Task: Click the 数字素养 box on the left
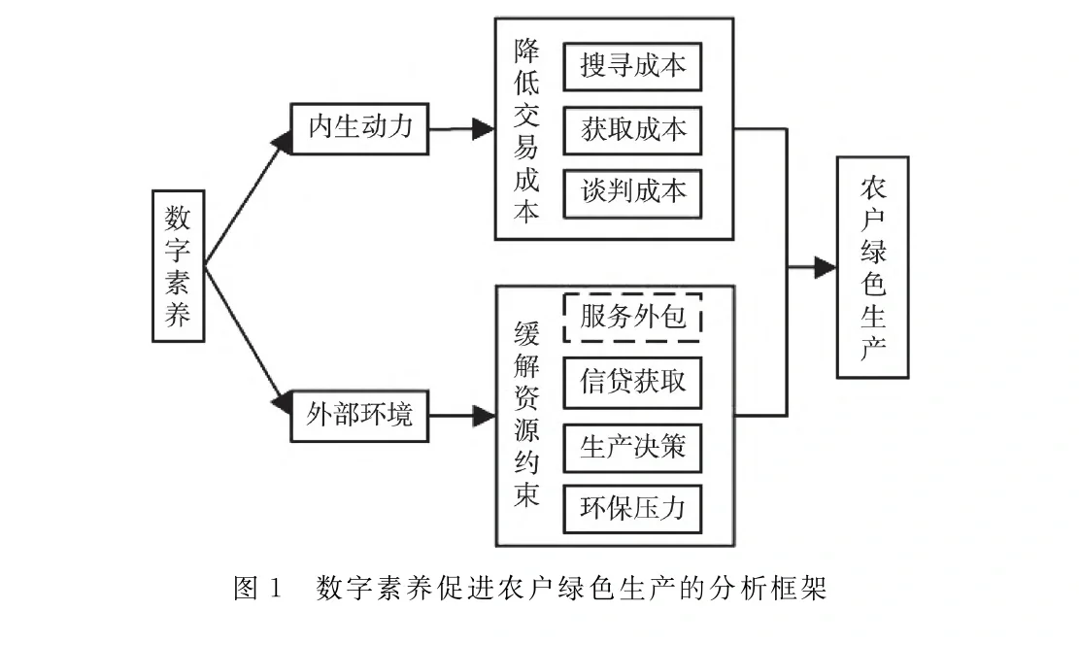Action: coord(178,265)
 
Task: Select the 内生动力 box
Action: coord(360,127)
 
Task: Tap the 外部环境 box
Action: coord(360,415)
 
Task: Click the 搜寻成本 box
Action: coord(632,66)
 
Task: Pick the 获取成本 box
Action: coord(632,128)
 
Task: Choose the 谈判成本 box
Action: coord(632,190)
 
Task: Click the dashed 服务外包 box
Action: coord(632,317)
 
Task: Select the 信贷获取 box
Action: coord(632,380)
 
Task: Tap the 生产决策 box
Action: coord(632,446)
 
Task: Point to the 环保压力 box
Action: coord(632,506)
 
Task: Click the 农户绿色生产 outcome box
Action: coord(872,267)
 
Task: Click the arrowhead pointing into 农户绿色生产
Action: coord(825,267)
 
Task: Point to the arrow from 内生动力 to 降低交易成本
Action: coord(461,127)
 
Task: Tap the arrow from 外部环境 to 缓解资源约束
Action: coord(461,416)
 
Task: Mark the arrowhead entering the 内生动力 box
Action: coord(283,143)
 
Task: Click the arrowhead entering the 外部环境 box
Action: coord(283,399)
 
